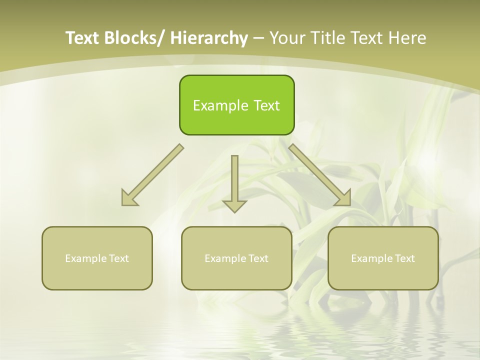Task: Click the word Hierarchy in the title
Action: (209, 38)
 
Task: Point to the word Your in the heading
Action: (287, 38)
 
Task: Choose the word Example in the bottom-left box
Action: (85, 258)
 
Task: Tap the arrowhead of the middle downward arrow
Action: (234, 206)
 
